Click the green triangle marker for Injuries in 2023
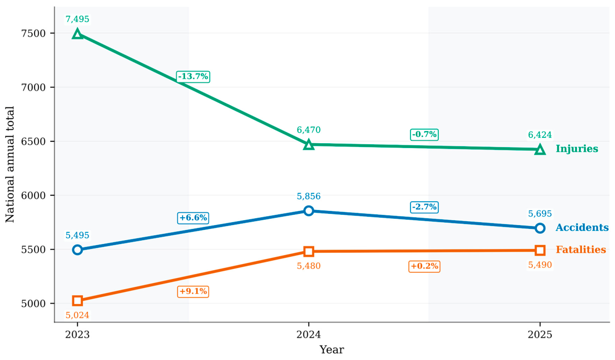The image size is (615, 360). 77,34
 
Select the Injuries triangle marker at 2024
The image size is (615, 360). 309,144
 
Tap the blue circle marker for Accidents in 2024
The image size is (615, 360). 309,211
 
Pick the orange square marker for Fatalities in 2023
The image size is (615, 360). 77,301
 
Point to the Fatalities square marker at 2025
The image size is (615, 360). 540,250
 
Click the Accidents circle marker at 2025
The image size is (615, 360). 540,228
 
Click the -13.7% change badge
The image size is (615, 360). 193,76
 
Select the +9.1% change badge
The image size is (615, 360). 193,291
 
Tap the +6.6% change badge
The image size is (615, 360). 193,218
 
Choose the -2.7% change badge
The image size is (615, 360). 424,207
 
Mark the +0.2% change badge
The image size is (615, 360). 424,266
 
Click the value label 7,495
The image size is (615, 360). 77,19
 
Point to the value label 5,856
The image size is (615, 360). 309,196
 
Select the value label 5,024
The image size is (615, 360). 77,315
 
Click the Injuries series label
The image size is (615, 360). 577,149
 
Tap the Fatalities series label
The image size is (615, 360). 581,249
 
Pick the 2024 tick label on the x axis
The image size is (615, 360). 309,335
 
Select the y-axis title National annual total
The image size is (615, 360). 10,164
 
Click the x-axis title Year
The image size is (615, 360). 332,350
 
